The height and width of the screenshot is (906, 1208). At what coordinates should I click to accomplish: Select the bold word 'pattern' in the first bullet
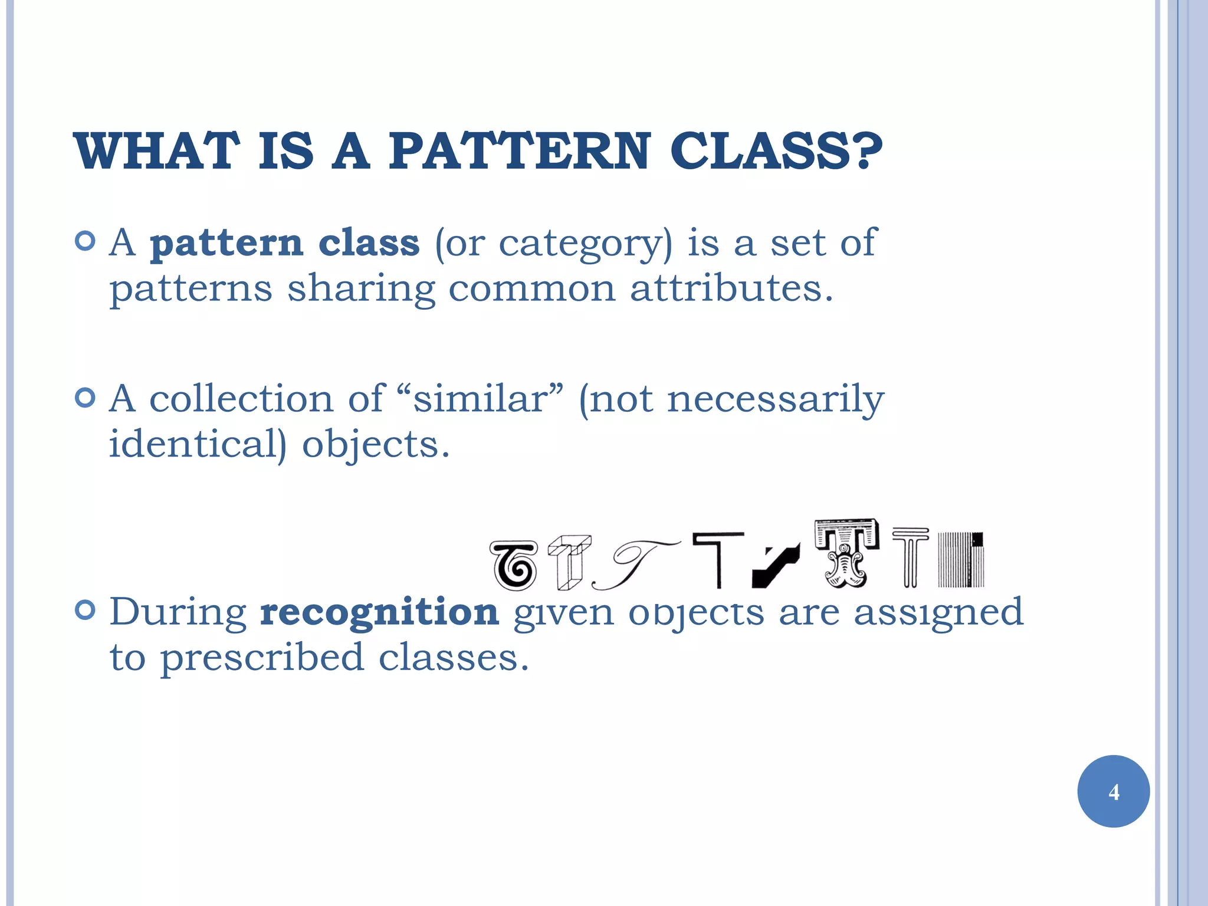(226, 243)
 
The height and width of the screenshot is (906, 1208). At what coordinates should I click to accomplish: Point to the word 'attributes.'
(731, 289)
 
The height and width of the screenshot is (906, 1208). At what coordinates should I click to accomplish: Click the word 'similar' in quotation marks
(480, 399)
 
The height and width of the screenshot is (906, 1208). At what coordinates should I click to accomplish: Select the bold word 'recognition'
(379, 612)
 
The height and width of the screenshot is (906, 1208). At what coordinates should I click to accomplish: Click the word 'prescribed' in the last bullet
(262, 658)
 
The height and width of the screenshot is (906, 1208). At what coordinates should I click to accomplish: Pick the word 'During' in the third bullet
(178, 612)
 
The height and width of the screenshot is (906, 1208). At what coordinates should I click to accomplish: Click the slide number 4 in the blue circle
(1114, 792)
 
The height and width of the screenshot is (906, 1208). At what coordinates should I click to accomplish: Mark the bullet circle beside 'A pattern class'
(86, 241)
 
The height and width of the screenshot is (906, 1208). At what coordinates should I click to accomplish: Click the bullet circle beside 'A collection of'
(86, 398)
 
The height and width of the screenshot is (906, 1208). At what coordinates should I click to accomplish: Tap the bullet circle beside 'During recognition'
(86, 610)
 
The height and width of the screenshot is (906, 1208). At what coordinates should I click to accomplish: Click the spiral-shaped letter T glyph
(514, 566)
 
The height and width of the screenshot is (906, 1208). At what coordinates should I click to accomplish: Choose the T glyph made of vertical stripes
(961, 560)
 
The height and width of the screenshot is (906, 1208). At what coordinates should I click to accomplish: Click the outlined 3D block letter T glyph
(569, 562)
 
